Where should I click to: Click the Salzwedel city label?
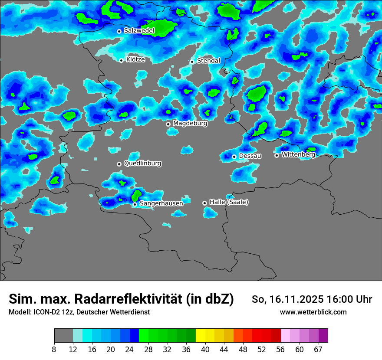pyautogui.click(x=139, y=31)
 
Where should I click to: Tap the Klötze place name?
pyautogui.click(x=135, y=60)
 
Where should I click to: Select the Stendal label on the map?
pyautogui.click(x=208, y=61)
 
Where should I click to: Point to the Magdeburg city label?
pyautogui.click(x=190, y=124)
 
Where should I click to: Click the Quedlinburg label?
pyautogui.click(x=142, y=164)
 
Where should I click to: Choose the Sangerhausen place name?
pyautogui.click(x=161, y=203)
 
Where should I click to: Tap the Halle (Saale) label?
pyautogui.click(x=229, y=202)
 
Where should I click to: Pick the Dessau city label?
pyautogui.click(x=250, y=156)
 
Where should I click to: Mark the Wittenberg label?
pyautogui.click(x=298, y=155)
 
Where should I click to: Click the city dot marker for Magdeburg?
pyautogui.click(x=168, y=124)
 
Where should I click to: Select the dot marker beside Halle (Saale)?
pyautogui.click(x=204, y=203)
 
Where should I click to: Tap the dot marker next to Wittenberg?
pyautogui.click(x=277, y=155)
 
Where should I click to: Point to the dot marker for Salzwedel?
pyautogui.click(x=119, y=31)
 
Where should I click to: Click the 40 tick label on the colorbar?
pyautogui.click(x=205, y=350)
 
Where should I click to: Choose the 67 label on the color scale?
pyautogui.click(x=318, y=350)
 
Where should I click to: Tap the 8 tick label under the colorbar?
pyautogui.click(x=54, y=350)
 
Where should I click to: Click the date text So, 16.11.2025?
pyautogui.click(x=288, y=299)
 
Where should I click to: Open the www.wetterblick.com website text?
pyautogui.click(x=313, y=312)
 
